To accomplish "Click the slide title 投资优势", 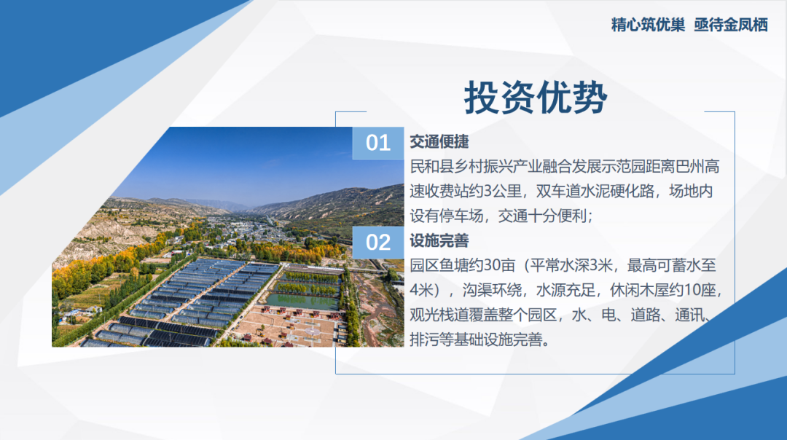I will coord(535,97).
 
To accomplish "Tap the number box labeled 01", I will coord(377,143).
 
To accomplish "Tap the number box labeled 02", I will coord(377,242).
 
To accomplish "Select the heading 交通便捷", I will coord(439,141).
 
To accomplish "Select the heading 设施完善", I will coord(439,240).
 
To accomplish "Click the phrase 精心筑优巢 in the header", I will coord(648,25).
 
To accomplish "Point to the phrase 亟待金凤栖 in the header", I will coord(731,25).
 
